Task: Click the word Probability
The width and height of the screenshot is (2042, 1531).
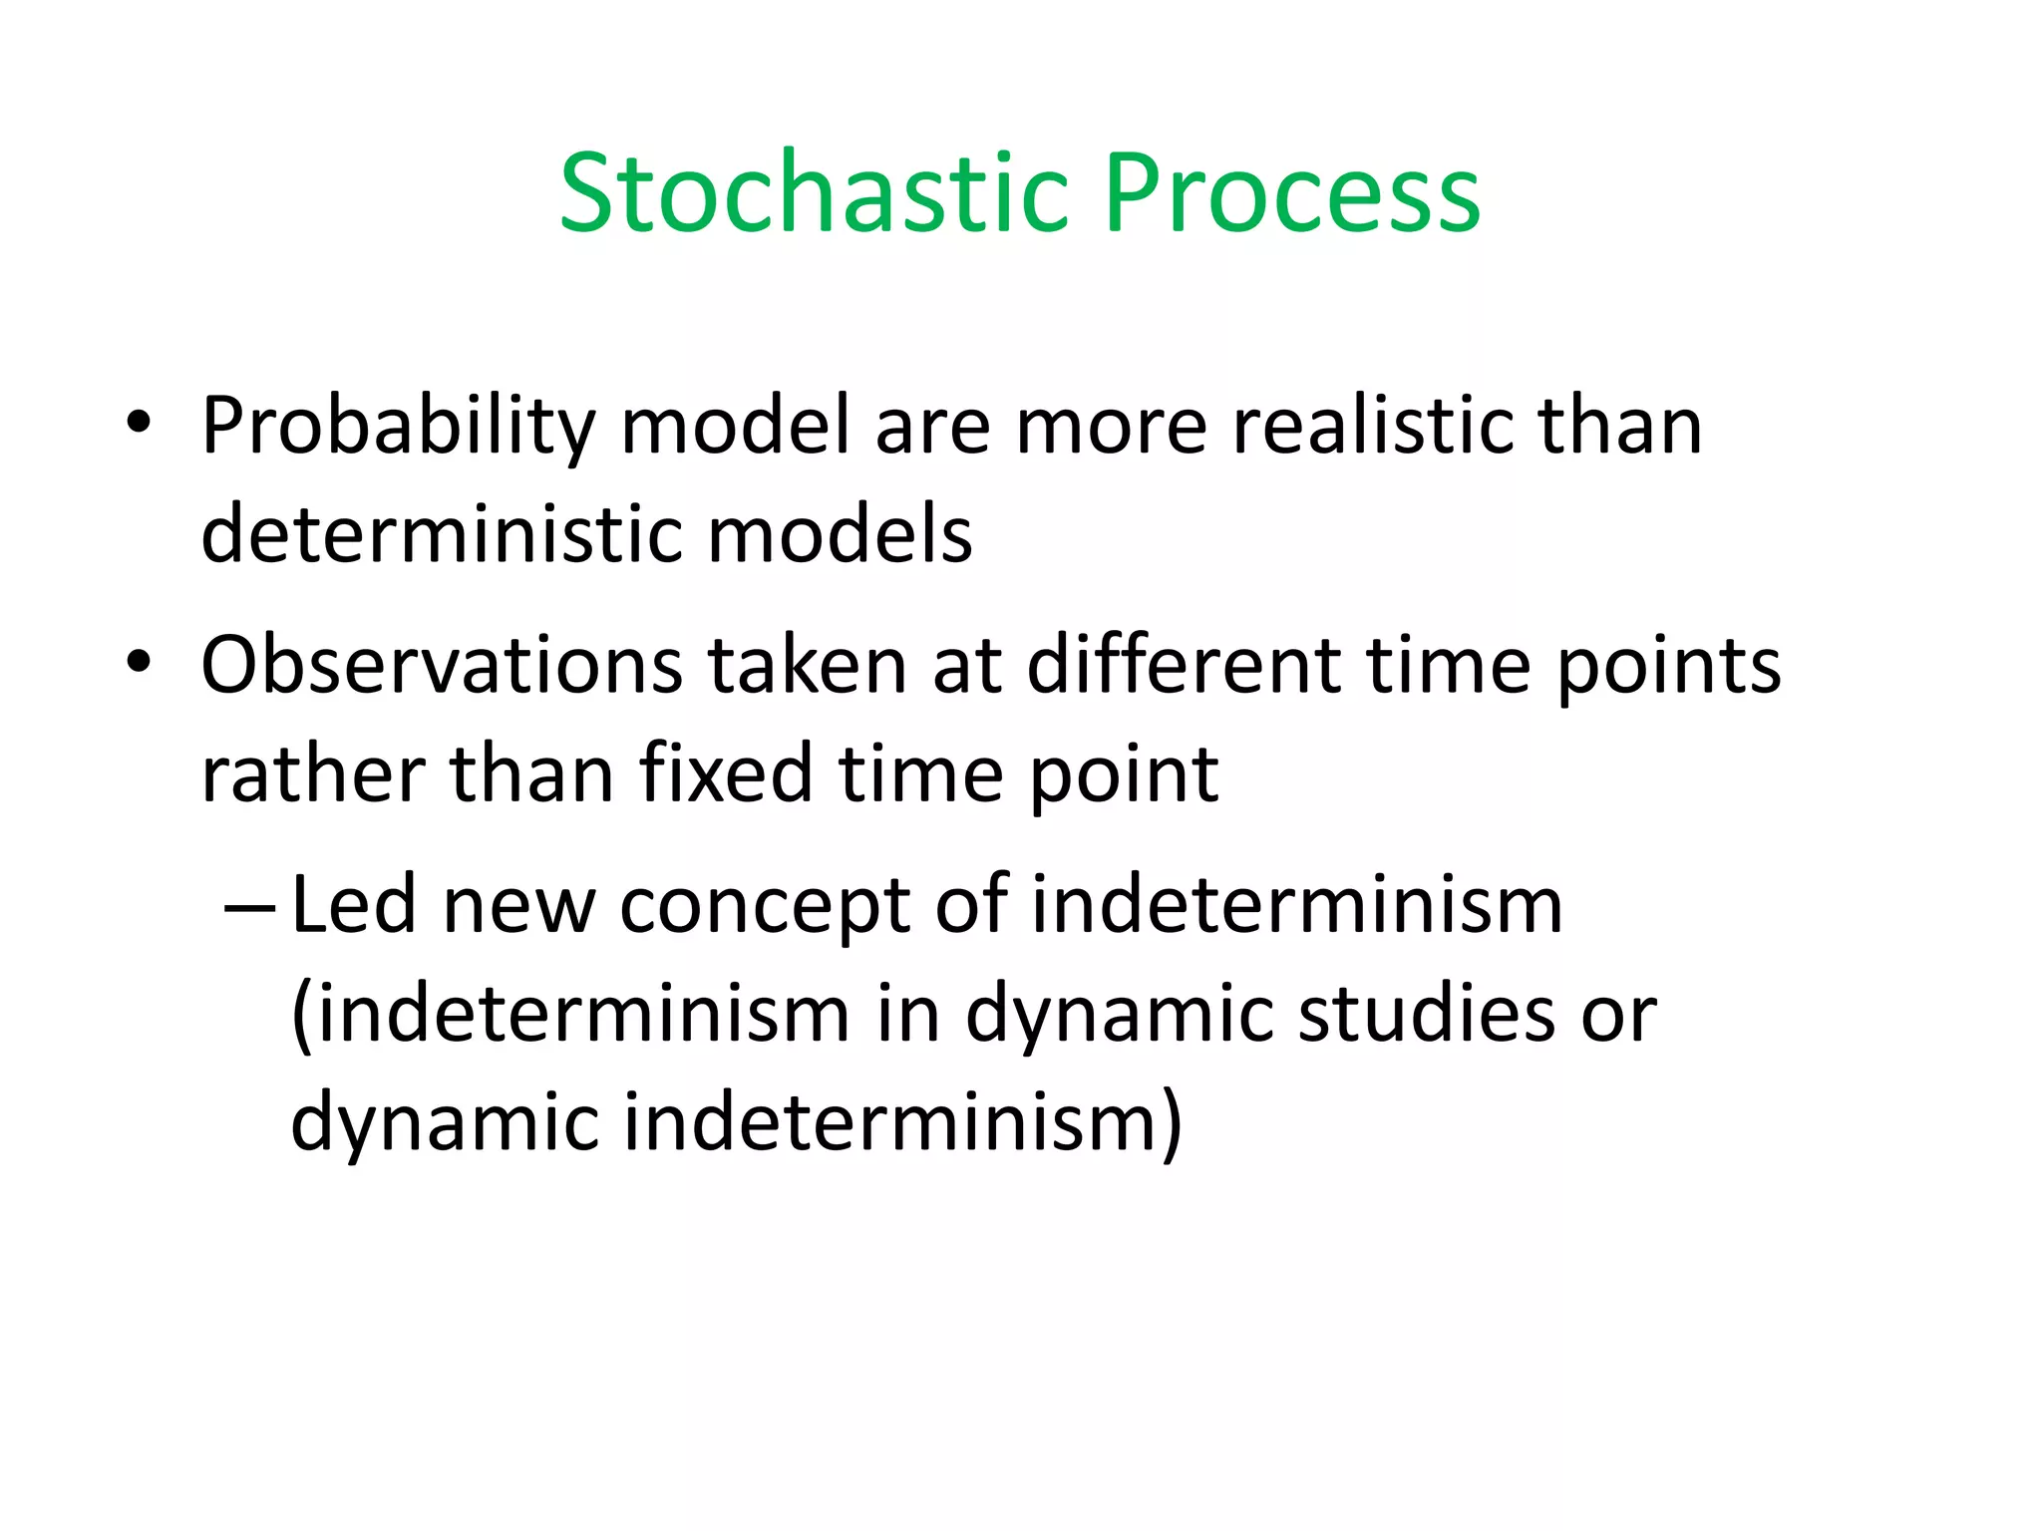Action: (398, 428)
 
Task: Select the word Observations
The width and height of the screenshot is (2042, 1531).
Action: (442, 666)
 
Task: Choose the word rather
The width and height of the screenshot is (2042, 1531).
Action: (312, 774)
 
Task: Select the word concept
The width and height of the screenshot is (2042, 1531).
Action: (765, 907)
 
